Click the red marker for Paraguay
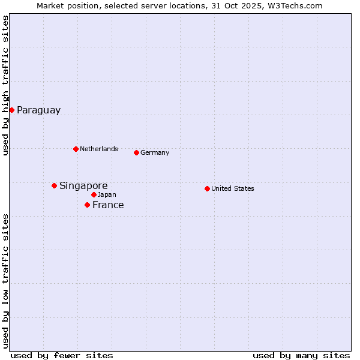pyautogui.click(x=11, y=110)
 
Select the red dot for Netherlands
pyautogui.click(x=76, y=149)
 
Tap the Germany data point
pyautogui.click(x=136, y=152)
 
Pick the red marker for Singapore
pyautogui.click(x=54, y=185)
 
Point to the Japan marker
pyautogui.click(x=94, y=194)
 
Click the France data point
pyautogui.click(x=87, y=205)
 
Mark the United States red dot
pyautogui.click(x=207, y=188)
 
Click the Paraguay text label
pyautogui.click(x=38, y=110)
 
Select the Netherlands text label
pyautogui.click(x=99, y=149)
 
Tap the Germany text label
pyautogui.click(x=155, y=153)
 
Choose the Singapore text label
pyautogui.click(x=83, y=186)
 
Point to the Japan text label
pyautogui.click(x=107, y=195)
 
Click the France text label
pyautogui.click(x=108, y=205)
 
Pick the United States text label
pyautogui.click(x=233, y=189)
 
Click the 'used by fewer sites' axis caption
pyautogui.click(x=62, y=355)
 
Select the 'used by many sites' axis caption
pyautogui.click(x=301, y=355)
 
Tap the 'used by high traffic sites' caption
pyautogui.click(x=5, y=85)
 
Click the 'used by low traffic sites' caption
pyautogui.click(x=5, y=281)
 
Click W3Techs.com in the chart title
pyautogui.click(x=295, y=5)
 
